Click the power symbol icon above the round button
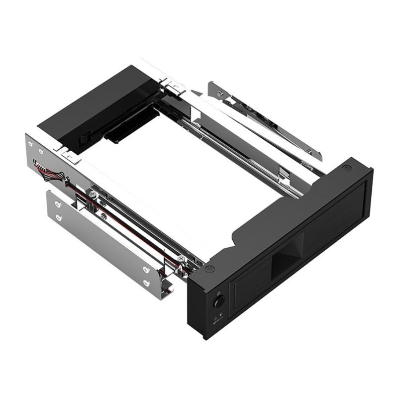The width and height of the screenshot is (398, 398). [x=217, y=293]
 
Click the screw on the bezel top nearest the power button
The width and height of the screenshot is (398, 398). [x=209, y=269]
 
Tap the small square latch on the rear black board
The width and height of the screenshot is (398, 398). [x=85, y=135]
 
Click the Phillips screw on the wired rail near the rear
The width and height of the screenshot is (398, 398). [x=93, y=192]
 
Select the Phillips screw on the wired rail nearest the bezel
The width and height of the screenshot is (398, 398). [x=180, y=259]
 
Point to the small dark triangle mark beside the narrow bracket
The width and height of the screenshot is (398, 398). [x=197, y=93]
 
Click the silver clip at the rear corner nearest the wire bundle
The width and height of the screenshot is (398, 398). [x=68, y=156]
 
